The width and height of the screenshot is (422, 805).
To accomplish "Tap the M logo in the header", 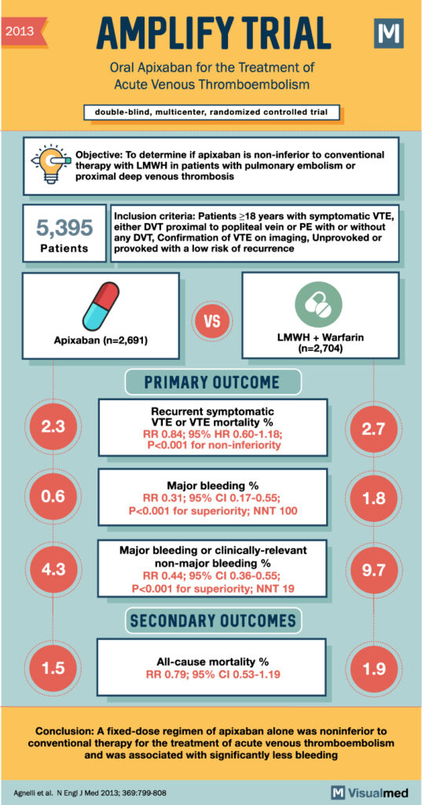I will point(388,35).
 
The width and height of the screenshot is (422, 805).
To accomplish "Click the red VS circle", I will point(211,323).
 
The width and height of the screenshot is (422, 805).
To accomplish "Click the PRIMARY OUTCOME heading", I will point(212,382).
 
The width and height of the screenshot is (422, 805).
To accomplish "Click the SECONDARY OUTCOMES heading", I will point(212,620).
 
